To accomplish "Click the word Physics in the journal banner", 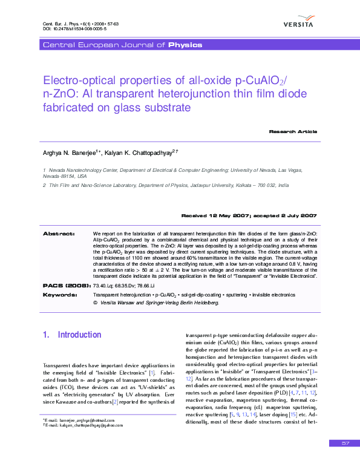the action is click(x=185, y=45).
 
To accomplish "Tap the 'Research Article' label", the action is click(x=293, y=131).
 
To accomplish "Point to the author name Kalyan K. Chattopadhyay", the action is click(x=138, y=153).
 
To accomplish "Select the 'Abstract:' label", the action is click(x=59, y=233).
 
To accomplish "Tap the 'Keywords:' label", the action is click(x=60, y=294).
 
